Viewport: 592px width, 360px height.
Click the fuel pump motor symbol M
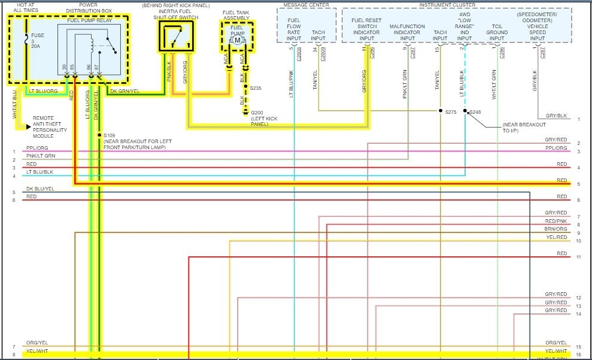coord(238,40)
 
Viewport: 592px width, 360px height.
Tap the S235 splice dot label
coord(256,88)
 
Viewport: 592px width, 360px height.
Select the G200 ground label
coord(257,113)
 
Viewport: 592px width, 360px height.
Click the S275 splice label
coord(451,111)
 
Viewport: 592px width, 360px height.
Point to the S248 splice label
coord(475,112)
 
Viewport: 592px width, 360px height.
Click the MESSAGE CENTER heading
coord(306,4)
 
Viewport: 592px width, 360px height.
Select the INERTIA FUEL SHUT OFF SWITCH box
coord(176,37)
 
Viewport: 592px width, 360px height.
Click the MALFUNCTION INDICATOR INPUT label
coord(407,33)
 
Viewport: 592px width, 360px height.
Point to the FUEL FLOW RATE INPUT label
coord(294,29)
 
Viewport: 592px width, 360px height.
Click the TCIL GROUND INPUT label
coord(497,33)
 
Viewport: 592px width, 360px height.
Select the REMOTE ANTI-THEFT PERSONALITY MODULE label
coord(50,127)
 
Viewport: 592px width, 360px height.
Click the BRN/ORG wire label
coord(555,229)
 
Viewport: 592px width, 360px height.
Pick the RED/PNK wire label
coord(555,221)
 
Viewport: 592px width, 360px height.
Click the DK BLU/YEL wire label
coord(40,189)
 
